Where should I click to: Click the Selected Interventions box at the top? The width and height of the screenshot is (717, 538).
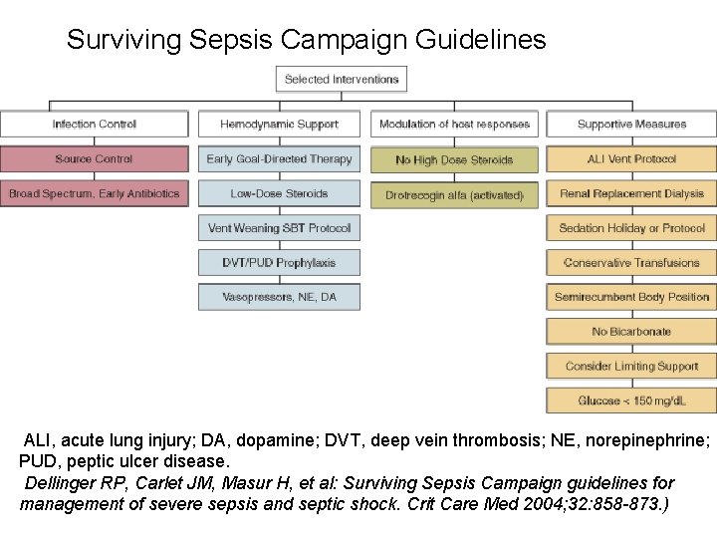pyautogui.click(x=342, y=80)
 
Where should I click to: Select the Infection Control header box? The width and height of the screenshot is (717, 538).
pyautogui.click(x=95, y=125)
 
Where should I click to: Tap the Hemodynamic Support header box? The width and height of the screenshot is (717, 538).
pyautogui.click(x=279, y=125)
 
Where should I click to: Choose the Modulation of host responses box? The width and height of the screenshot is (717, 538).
pyautogui.click(x=454, y=125)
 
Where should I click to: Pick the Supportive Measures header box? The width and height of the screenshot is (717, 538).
pyautogui.click(x=631, y=125)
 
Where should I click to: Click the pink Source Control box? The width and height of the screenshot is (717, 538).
pyautogui.click(x=95, y=159)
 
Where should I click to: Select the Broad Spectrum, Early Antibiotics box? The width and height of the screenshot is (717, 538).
pyautogui.click(x=95, y=193)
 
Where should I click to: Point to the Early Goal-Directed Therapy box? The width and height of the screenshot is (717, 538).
pyautogui.click(x=279, y=159)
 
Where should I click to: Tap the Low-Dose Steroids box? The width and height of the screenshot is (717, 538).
pyautogui.click(x=279, y=193)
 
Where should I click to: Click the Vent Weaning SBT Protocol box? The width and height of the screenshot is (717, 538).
pyautogui.click(x=279, y=228)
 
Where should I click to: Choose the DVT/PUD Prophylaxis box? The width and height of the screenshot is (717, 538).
pyautogui.click(x=279, y=263)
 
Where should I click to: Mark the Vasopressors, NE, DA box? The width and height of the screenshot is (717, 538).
pyautogui.click(x=279, y=297)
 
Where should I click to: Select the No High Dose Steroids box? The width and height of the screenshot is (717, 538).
pyautogui.click(x=454, y=159)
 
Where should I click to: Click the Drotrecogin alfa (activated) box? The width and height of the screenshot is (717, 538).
pyautogui.click(x=454, y=195)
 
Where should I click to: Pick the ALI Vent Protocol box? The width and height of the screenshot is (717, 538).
pyautogui.click(x=631, y=159)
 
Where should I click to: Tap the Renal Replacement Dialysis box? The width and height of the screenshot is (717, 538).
pyautogui.click(x=631, y=193)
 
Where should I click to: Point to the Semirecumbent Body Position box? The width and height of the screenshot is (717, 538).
pyautogui.click(x=631, y=297)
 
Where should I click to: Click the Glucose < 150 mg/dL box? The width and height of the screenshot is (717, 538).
pyautogui.click(x=631, y=401)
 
